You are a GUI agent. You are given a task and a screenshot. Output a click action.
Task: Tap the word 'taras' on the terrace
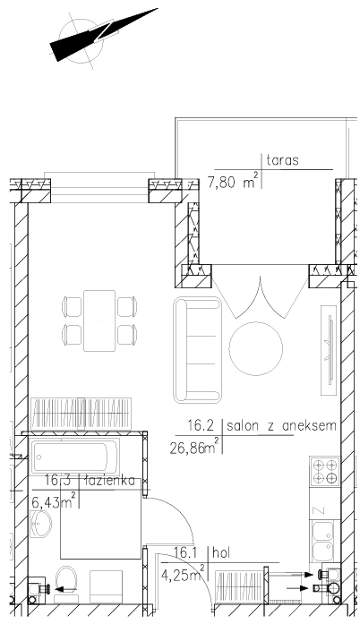282,160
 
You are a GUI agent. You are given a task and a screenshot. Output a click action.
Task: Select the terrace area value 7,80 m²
234,183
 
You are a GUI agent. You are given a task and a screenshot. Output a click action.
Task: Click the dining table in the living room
99,321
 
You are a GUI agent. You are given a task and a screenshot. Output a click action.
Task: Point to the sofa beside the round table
197,350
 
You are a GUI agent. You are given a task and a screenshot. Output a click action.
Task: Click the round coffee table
255,348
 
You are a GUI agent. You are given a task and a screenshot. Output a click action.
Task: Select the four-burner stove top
325,471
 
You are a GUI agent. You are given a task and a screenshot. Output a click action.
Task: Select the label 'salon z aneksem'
281,426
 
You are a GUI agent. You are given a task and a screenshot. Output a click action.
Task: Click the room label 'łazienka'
110,481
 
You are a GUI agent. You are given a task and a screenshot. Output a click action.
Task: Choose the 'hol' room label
221,552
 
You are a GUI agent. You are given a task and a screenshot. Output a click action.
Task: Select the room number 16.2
201,426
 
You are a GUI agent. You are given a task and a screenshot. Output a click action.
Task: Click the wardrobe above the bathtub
81,414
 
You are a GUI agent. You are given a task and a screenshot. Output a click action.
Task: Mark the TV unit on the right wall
329,350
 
